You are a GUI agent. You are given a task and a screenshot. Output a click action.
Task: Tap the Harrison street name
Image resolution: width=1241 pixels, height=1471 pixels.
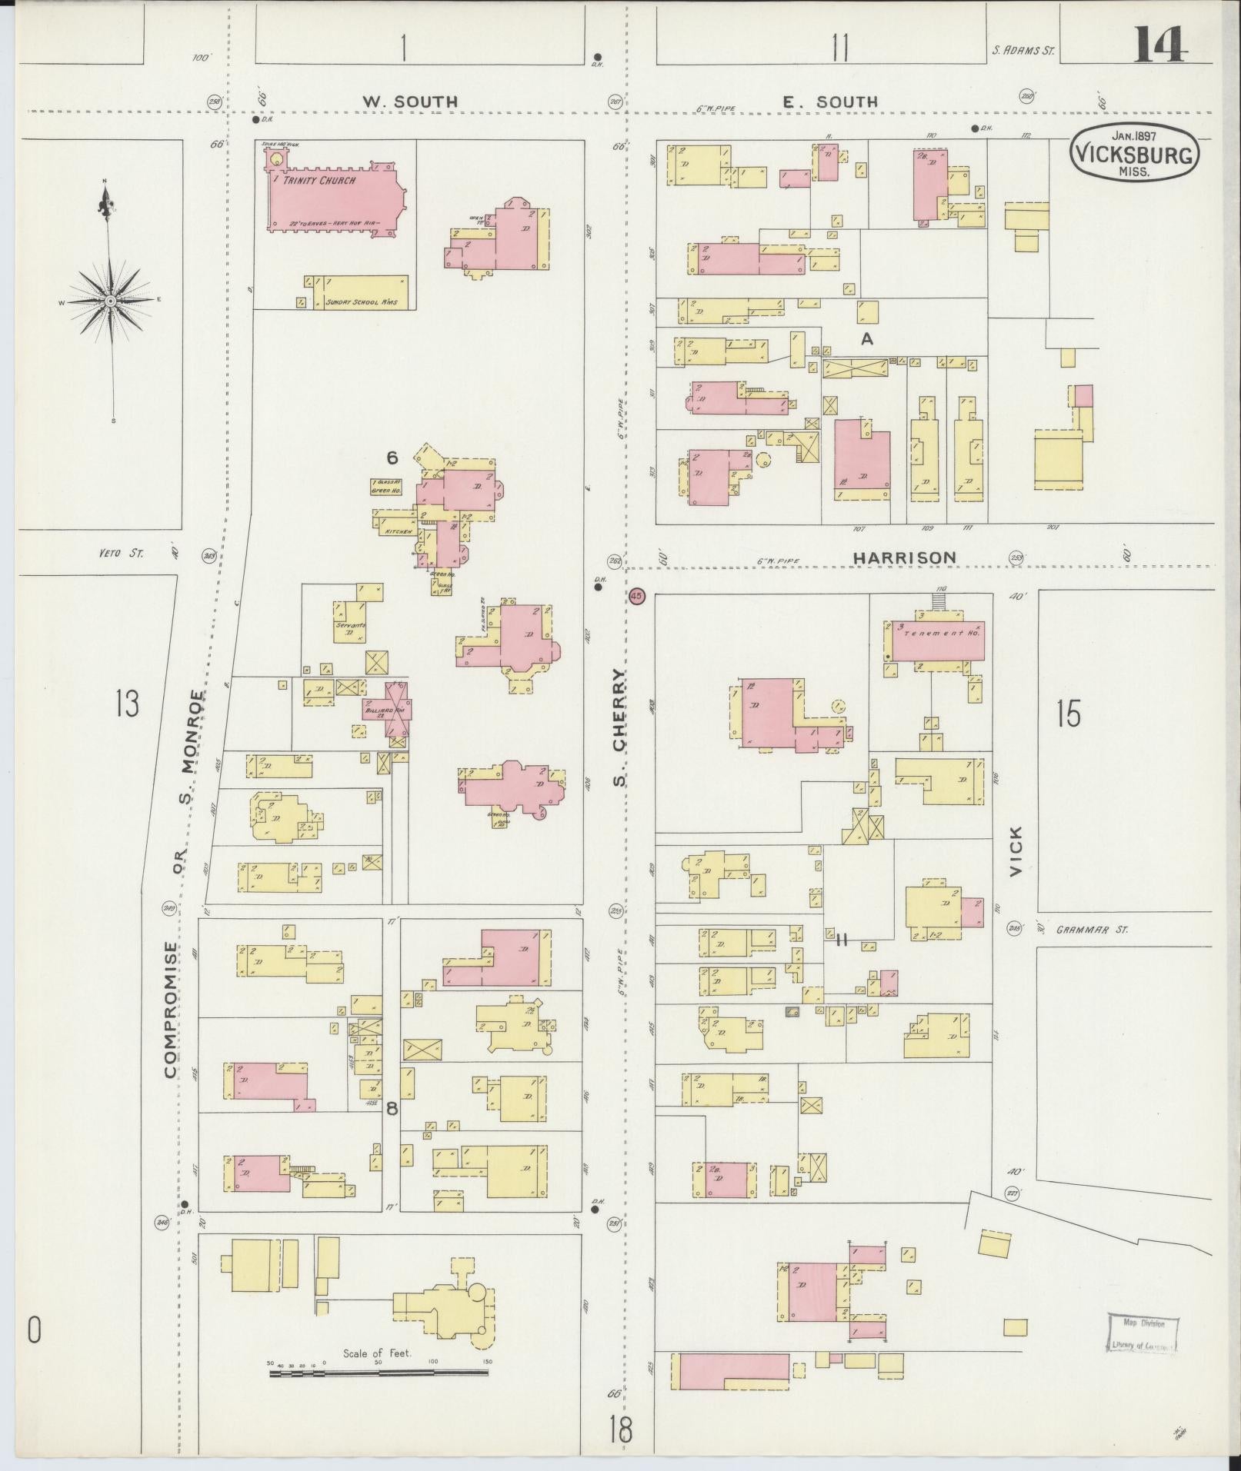point(904,557)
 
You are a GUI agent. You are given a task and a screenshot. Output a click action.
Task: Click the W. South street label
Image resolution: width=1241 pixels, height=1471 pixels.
point(410,102)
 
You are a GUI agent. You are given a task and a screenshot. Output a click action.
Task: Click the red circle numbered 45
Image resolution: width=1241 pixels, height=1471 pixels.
point(636,597)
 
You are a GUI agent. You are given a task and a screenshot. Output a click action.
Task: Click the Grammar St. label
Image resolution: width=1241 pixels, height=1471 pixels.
point(1091,930)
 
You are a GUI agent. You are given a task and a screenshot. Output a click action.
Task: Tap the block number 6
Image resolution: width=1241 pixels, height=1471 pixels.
point(392,458)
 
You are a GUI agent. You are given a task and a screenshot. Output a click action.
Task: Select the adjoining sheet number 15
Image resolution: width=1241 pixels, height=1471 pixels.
point(1068,714)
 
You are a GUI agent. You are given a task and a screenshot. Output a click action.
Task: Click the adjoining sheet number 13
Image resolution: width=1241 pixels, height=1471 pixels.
point(127,703)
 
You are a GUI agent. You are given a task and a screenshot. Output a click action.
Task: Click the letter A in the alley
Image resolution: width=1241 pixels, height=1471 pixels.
point(867,338)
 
